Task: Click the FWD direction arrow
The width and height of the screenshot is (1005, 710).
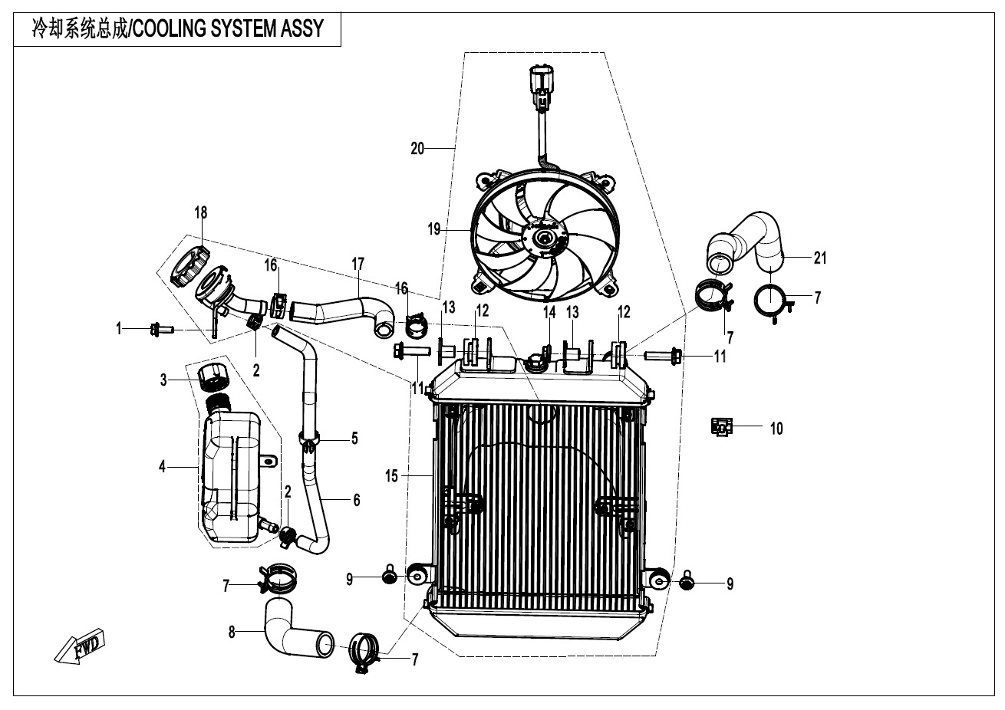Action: coord(80,646)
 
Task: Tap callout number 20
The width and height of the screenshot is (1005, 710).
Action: coord(417,148)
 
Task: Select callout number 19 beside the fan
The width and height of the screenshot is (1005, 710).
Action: coord(434,229)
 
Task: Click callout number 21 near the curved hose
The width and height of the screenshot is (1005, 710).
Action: coord(820,258)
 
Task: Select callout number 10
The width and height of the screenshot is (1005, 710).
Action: coord(776,428)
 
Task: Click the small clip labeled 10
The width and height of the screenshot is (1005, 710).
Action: coord(722,426)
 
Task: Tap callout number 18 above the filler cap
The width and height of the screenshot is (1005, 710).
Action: coord(200,212)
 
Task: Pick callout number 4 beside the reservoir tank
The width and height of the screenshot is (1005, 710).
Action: coord(162,465)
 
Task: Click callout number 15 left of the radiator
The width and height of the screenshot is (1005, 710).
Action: coord(391,476)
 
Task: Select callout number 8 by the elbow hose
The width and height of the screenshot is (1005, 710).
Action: coord(231,633)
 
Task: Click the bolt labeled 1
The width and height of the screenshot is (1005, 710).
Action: coord(163,330)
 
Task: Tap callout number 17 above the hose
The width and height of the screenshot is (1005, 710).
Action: coord(358,264)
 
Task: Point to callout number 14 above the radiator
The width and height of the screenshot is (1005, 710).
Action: coord(549,311)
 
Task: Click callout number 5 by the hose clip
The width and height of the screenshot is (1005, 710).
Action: coord(354,439)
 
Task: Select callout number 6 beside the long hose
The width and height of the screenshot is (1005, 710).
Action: coord(356,500)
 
